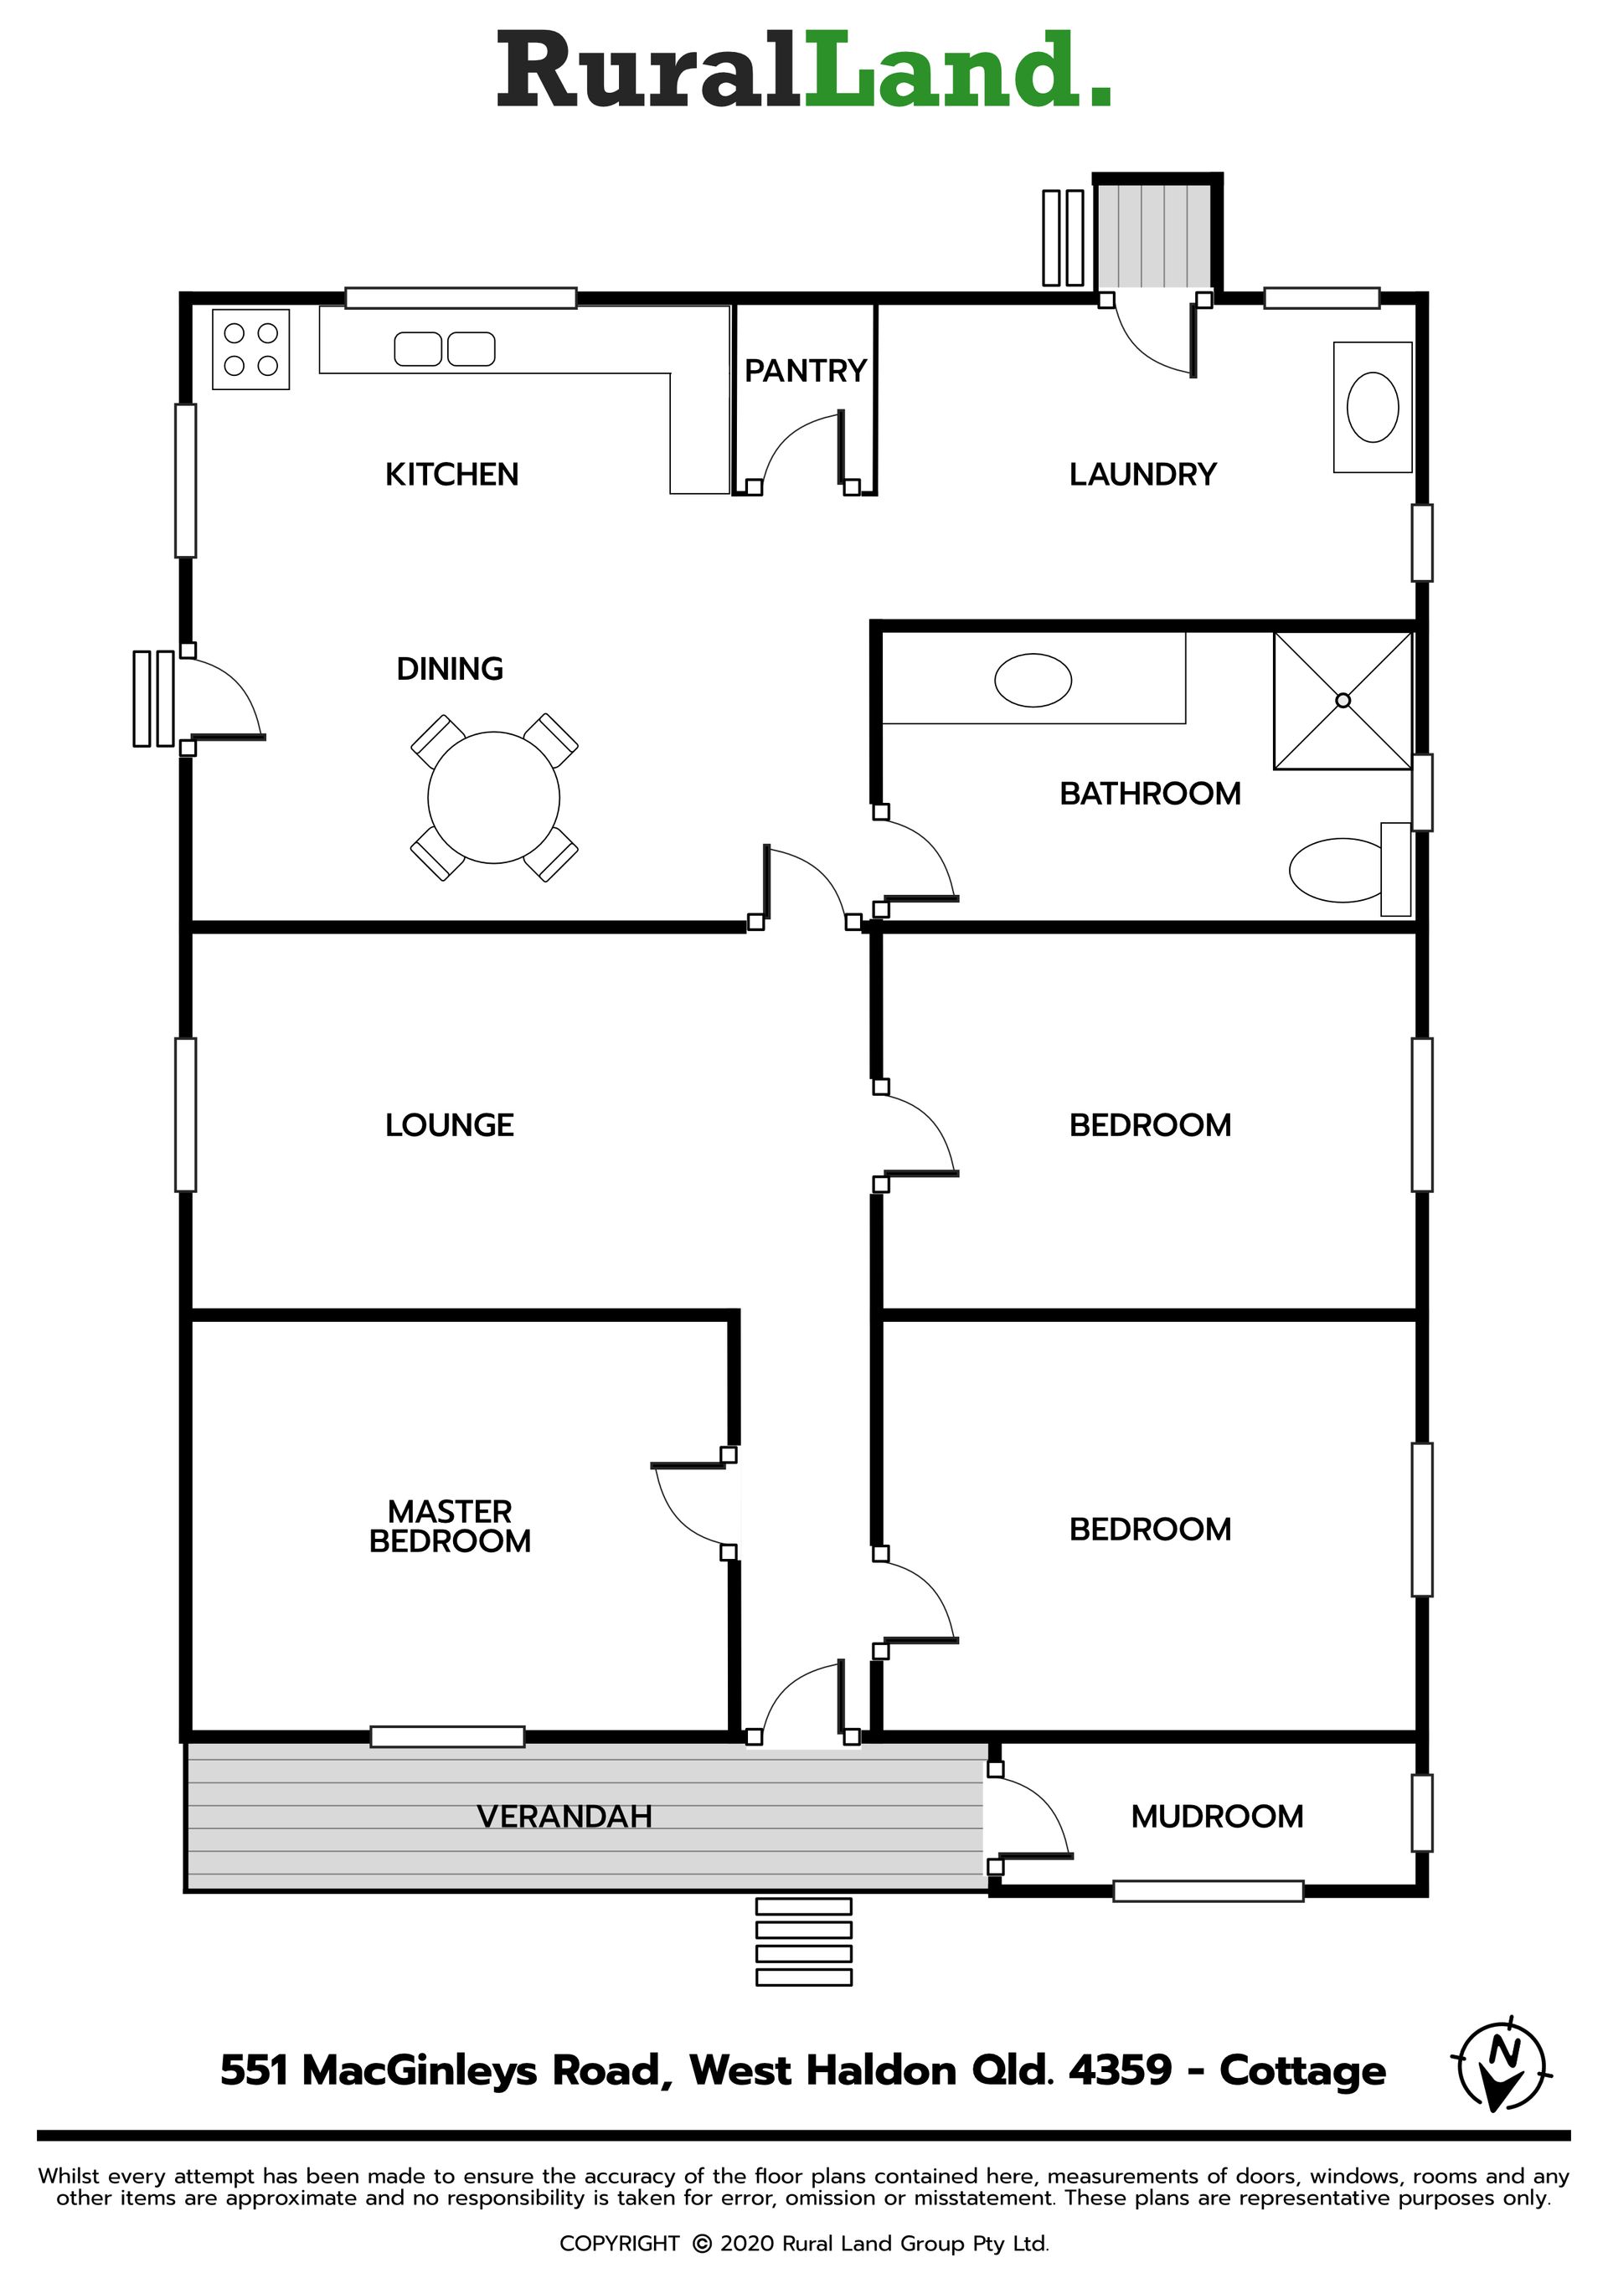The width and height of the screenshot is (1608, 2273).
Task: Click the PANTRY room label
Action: [805, 370]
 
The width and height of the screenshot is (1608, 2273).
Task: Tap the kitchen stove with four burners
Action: [250, 349]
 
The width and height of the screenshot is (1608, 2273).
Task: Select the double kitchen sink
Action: [445, 348]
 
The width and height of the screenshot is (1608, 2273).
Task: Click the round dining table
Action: [493, 797]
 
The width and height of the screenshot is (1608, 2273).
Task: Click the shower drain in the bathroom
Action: [1343, 701]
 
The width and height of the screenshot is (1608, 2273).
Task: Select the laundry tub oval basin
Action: [1373, 407]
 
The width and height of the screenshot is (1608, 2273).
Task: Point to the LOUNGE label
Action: [450, 1124]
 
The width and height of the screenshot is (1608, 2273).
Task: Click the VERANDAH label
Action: [564, 1817]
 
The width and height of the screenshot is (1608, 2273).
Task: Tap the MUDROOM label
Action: [1217, 1817]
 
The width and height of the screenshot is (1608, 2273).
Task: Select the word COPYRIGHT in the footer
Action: [619, 2244]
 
